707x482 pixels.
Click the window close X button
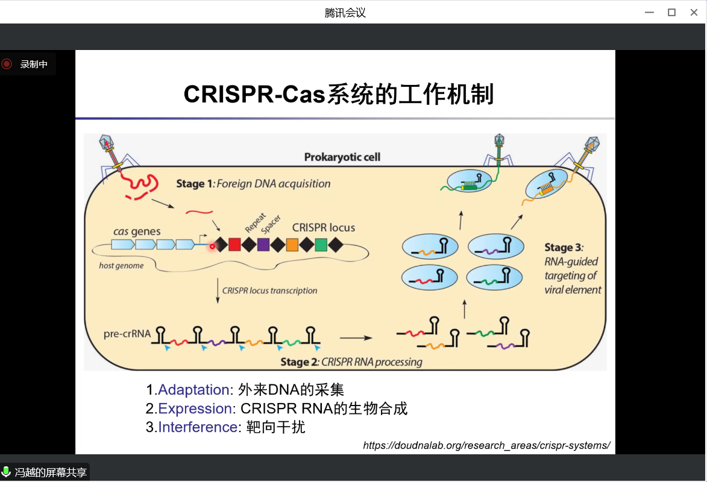(694, 12)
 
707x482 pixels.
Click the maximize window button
(671, 12)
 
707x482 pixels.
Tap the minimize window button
(650, 12)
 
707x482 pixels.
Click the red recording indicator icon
(7, 64)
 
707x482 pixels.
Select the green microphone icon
(6, 472)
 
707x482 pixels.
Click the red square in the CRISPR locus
(234, 245)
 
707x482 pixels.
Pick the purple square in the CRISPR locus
(263, 245)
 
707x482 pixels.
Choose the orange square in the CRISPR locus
(292, 245)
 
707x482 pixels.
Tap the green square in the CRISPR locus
(321, 245)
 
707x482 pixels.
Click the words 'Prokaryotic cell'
(342, 158)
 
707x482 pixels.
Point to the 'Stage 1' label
(190, 184)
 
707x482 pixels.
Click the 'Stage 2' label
(299, 362)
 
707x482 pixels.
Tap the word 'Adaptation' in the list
(193, 389)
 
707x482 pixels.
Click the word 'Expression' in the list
(195, 408)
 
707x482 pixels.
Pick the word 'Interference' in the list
(198, 427)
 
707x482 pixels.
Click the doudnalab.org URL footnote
(486, 445)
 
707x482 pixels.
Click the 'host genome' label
(122, 266)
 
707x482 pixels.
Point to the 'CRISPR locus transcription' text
(269, 290)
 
